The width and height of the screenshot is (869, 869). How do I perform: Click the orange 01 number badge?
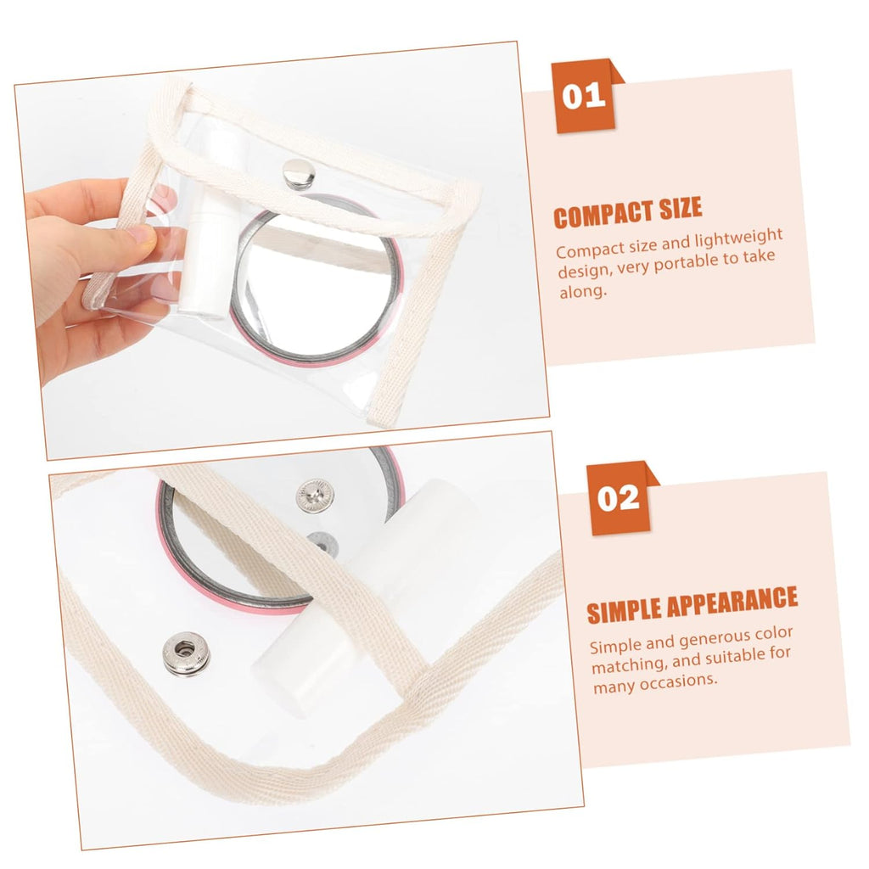[x=585, y=97]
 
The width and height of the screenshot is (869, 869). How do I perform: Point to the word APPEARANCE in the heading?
[x=732, y=601]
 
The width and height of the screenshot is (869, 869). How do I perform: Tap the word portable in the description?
[x=687, y=263]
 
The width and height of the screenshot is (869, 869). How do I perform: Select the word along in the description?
[x=583, y=292]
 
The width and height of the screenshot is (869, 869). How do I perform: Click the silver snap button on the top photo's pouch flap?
[x=299, y=173]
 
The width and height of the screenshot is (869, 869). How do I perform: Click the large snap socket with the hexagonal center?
[x=187, y=653]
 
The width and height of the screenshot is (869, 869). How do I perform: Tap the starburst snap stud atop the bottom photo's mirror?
[x=315, y=496]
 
